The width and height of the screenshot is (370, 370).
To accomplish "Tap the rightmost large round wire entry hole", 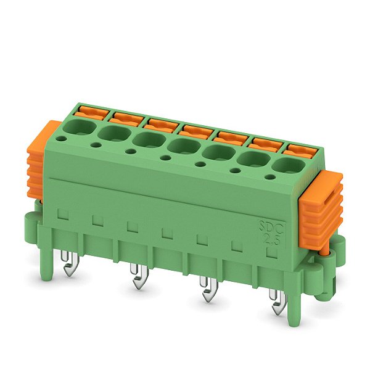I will [284, 166].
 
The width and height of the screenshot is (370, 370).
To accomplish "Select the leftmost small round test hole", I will [96, 145].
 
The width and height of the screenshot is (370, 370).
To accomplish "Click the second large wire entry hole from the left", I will [111, 133].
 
